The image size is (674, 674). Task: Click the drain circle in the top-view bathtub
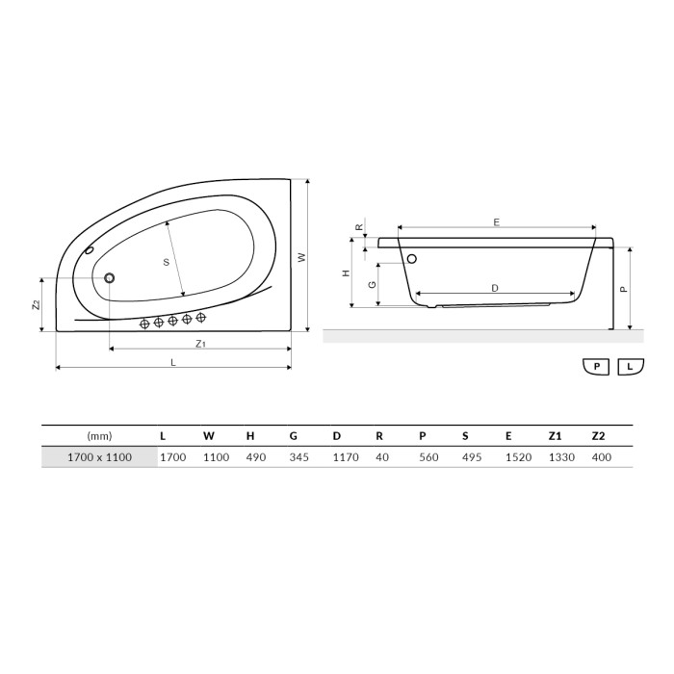109,278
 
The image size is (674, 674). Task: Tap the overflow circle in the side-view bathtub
412,259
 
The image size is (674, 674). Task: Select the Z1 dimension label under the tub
200,344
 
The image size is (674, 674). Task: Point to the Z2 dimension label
37,304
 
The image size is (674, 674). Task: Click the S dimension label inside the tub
167,262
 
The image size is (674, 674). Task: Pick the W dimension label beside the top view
301,257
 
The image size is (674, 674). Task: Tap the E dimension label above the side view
497,222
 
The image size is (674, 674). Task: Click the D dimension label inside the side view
495,288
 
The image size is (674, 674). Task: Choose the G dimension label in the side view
373,285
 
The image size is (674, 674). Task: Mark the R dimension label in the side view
360,227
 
